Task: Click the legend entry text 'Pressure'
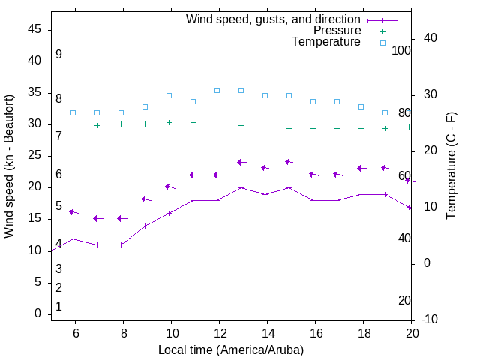[337, 31]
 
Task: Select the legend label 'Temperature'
[326, 42]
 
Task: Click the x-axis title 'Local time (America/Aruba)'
[231, 349]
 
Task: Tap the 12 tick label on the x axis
[219, 333]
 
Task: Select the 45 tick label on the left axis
[34, 29]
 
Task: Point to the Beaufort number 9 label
[58, 55]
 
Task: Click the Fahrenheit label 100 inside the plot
[402, 50]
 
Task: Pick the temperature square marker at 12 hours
[217, 90]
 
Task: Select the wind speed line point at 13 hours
[241, 187]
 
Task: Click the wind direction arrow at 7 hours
[97, 218]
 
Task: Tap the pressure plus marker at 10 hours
[169, 122]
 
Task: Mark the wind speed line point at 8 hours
[121, 244]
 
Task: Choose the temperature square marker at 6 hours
[73, 112]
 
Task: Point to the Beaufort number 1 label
[58, 306]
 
